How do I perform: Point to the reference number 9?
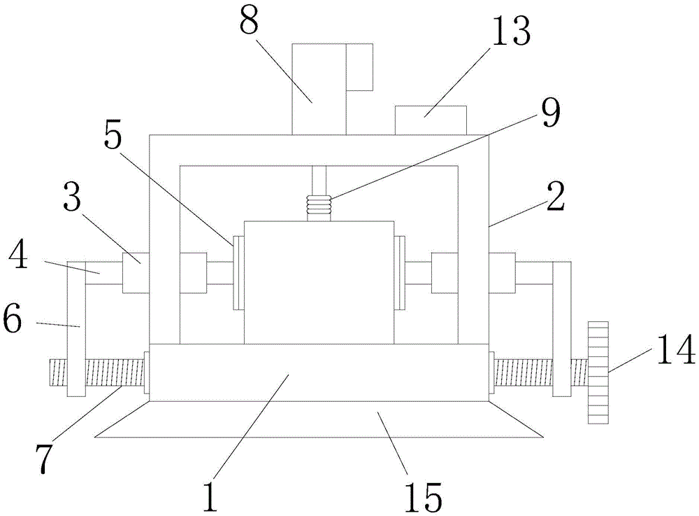(549, 113)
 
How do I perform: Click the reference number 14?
(675, 349)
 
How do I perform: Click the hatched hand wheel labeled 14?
(598, 372)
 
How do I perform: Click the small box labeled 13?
(431, 120)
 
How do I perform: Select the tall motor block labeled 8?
(318, 88)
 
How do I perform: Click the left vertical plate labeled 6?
(75, 329)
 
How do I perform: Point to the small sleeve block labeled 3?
(136, 273)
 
